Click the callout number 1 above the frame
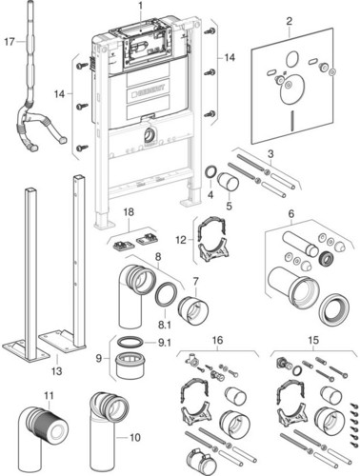(140, 7)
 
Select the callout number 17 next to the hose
(10, 41)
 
